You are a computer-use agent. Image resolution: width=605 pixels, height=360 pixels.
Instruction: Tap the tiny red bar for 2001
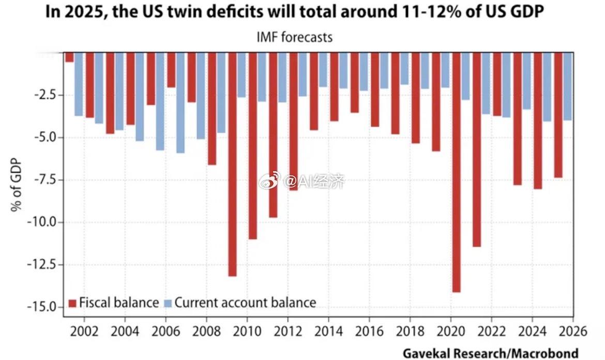(69, 57)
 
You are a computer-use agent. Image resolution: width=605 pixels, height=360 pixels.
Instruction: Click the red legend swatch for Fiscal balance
(72, 303)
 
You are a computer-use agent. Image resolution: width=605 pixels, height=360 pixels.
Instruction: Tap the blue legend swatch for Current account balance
(168, 303)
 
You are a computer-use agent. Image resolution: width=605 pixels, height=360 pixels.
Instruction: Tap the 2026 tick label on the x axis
(572, 331)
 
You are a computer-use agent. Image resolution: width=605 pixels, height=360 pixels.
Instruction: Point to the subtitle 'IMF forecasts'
(294, 37)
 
